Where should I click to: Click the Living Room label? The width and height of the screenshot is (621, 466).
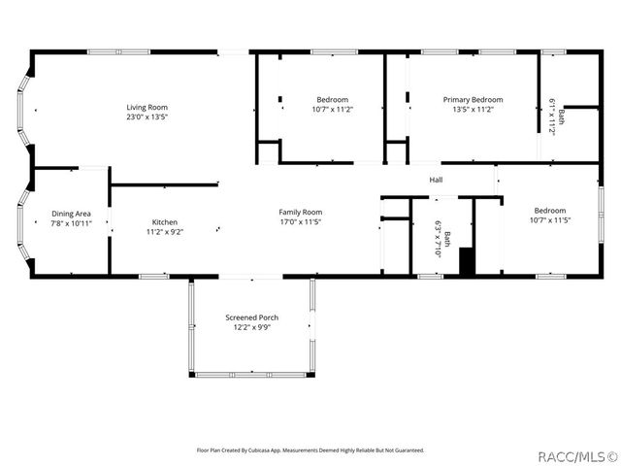coord(147,107)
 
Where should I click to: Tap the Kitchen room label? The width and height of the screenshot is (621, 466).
coord(164,222)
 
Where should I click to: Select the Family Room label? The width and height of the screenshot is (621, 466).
coord(301,212)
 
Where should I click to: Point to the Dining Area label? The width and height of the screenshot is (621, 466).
coord(72,214)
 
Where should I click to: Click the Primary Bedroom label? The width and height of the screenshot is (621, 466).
coord(474,99)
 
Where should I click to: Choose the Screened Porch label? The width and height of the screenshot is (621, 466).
coord(252,317)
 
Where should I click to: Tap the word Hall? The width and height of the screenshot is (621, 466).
coord(436,180)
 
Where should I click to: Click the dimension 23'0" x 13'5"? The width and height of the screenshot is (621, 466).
coord(147,116)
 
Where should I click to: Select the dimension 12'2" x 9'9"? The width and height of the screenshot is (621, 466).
coord(252,327)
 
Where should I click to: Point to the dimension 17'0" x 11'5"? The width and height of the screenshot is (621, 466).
coord(301,221)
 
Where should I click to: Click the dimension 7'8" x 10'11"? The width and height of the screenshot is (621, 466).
coord(72,223)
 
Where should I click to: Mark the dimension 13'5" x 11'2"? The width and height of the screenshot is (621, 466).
coord(474,110)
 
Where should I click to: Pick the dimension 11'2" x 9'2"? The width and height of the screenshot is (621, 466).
coord(164,232)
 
